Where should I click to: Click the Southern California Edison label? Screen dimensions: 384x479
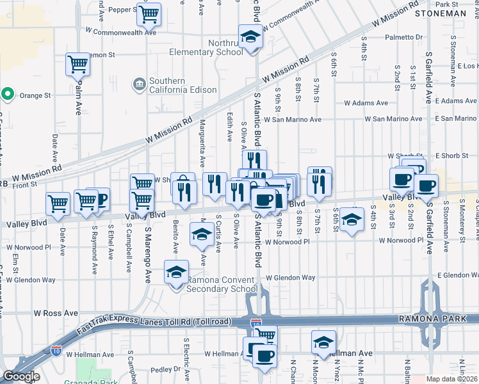tap(167, 86)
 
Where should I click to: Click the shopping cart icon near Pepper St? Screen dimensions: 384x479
tap(149, 13)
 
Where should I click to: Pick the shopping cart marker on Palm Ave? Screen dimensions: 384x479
tap(77, 64)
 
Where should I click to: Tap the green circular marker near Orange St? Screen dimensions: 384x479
tap(8, 95)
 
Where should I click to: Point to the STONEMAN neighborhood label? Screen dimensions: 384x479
tap(441, 13)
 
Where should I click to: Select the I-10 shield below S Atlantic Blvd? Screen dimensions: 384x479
tap(257, 325)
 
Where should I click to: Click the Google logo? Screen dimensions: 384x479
tap(21, 376)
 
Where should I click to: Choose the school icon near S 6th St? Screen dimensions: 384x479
tap(351, 220)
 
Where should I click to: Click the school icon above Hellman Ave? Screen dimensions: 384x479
tap(324, 342)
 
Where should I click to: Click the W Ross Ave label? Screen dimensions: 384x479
tap(55, 314)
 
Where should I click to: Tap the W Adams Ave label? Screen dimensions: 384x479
tap(366, 102)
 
